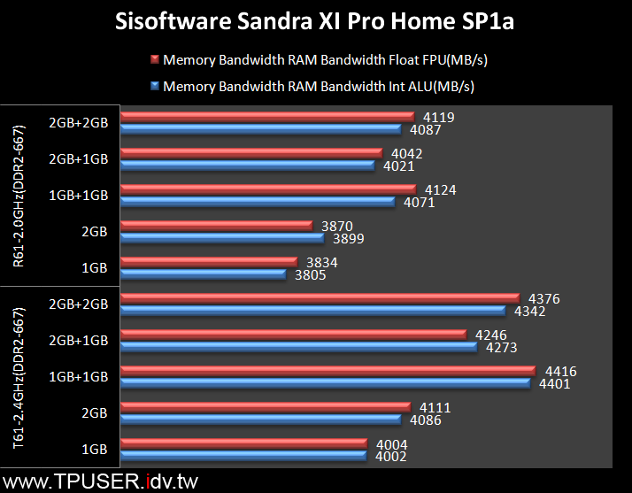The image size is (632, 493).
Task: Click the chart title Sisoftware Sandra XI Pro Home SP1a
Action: coord(315,21)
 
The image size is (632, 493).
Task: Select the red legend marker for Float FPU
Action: coord(155,60)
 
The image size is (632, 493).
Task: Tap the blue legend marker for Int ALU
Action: coord(155,87)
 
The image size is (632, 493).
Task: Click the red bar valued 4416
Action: coord(328,370)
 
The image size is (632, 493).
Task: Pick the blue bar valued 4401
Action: coord(325,382)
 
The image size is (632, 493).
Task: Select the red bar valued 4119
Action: coord(267,116)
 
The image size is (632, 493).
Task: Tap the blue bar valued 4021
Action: coord(248,165)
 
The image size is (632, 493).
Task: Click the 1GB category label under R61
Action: coord(94,268)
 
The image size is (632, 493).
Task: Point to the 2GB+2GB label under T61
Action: coord(79,304)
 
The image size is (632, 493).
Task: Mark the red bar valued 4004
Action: coord(243,443)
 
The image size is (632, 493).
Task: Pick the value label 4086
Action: coord(427,420)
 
